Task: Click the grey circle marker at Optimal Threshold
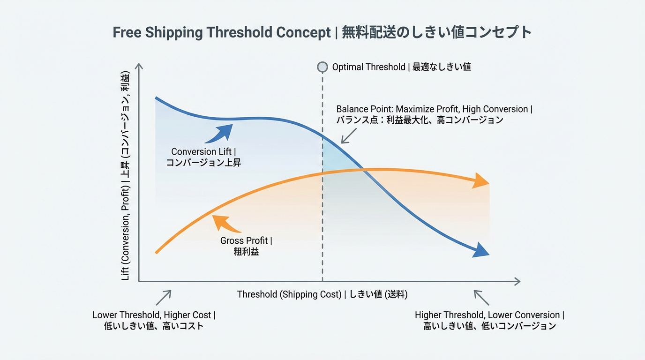pyautogui.click(x=322, y=67)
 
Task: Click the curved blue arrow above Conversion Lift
pyautogui.click(x=219, y=133)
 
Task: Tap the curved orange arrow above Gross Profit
pyautogui.click(x=227, y=224)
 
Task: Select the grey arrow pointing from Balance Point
pyautogui.click(x=349, y=136)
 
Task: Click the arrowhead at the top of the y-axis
pyautogui.click(x=139, y=66)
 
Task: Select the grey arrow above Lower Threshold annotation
pyautogui.click(x=164, y=297)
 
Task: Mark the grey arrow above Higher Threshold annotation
pyautogui.click(x=481, y=297)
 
